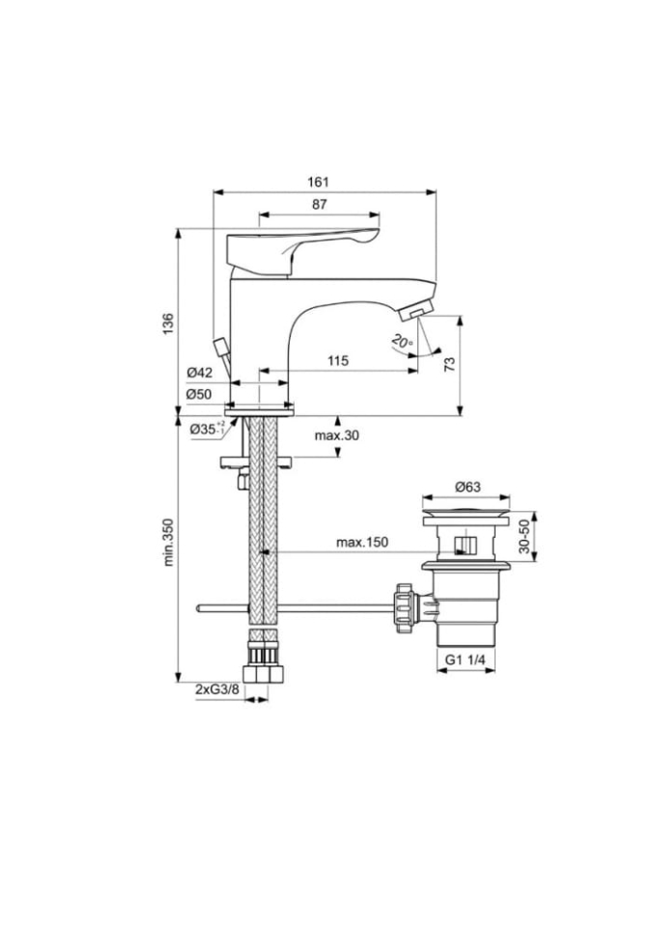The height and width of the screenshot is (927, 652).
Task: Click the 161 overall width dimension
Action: (x=319, y=182)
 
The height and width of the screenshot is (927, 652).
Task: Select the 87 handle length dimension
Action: (x=320, y=205)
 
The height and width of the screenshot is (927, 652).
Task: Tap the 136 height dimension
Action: (x=168, y=323)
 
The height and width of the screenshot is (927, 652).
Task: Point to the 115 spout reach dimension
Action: (x=338, y=360)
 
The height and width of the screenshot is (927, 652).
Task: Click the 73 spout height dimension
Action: (x=450, y=364)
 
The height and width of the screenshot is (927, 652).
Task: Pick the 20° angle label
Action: (x=403, y=342)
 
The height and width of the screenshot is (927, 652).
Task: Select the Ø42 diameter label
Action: (x=199, y=373)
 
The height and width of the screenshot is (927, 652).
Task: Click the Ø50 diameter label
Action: (x=199, y=394)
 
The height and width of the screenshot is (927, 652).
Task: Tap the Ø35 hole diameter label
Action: (x=207, y=429)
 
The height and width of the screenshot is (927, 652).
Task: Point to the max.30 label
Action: (x=337, y=435)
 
